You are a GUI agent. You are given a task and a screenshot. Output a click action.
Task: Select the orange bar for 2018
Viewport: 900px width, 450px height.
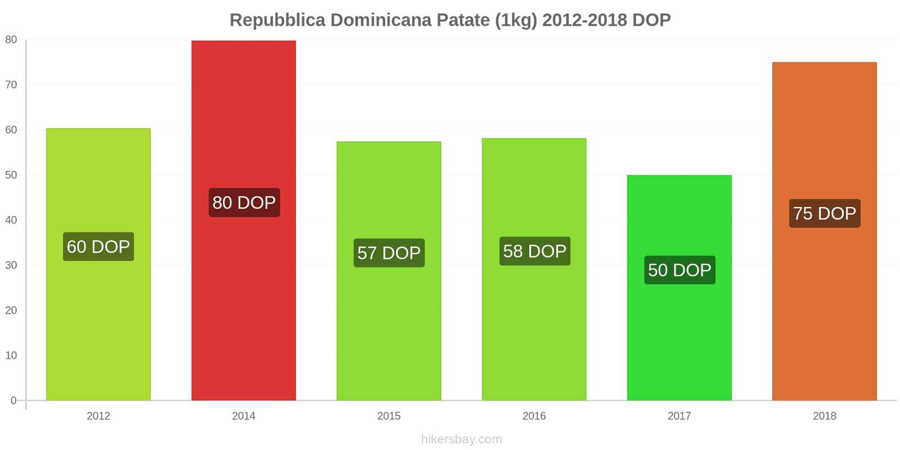[824, 315]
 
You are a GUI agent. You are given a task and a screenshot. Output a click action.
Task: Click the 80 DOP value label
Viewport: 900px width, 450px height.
[244, 202]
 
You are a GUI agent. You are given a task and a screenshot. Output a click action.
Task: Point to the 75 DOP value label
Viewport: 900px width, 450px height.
[825, 213]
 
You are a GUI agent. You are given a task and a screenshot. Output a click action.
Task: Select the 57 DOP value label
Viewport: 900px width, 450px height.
[389, 253]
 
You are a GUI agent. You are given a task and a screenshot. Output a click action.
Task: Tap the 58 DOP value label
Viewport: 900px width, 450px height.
[534, 251]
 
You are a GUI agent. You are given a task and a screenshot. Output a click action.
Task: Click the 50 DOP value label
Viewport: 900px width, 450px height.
[679, 270]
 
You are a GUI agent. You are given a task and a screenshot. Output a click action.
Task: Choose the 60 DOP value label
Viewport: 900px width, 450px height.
[98, 246]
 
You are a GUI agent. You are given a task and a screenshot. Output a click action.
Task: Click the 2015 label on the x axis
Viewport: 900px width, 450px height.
[389, 416]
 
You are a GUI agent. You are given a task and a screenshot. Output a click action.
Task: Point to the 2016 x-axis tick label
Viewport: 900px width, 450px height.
[534, 416]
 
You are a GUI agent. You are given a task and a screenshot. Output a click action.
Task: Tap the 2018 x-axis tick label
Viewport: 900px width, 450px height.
[824, 416]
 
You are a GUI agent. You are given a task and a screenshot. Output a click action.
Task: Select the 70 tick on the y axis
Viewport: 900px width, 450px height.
[11, 84]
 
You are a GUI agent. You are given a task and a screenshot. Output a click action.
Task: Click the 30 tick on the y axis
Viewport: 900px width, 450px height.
[11, 265]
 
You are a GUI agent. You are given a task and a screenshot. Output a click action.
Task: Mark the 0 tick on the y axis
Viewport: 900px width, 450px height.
[13, 400]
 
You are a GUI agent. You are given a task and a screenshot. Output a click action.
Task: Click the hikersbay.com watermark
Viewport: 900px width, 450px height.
[461, 439]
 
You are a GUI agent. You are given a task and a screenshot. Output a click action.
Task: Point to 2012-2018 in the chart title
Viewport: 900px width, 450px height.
[584, 20]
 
